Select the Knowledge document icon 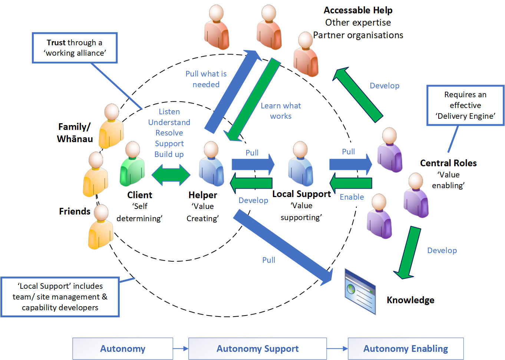point(360,292)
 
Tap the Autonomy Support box point(257,348)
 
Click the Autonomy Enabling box point(406,348)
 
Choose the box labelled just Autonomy point(123,348)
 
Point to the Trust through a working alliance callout point(75,48)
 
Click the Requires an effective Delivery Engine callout point(465,105)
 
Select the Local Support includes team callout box point(60,297)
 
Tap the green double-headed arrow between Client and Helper point(171,175)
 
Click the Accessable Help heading point(358,10)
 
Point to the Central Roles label point(448,163)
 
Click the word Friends point(75,211)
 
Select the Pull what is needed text point(206,79)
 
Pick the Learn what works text point(281,111)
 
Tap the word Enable point(351,197)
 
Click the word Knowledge point(410,300)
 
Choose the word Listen point(169,112)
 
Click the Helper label point(202,195)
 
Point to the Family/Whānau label point(75,132)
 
